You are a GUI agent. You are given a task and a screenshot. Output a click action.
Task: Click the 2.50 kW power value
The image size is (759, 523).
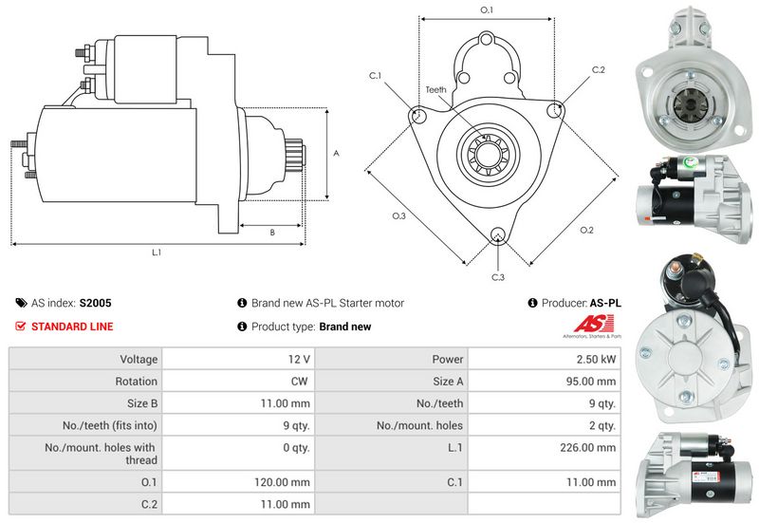click(x=596, y=360)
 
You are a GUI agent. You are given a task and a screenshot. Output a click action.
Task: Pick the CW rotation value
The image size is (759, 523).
click(x=299, y=381)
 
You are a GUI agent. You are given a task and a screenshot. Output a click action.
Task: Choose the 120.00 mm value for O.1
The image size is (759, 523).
click(x=283, y=482)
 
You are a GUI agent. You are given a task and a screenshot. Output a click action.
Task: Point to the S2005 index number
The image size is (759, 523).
click(x=95, y=304)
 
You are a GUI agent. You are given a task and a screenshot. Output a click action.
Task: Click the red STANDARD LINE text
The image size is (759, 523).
click(x=72, y=327)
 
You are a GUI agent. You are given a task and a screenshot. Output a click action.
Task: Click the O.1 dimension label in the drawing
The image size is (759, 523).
click(x=487, y=9)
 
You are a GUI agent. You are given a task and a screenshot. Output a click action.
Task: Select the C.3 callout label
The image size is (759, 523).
click(x=498, y=277)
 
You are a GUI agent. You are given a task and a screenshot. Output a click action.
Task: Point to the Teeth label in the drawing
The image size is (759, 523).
click(x=435, y=89)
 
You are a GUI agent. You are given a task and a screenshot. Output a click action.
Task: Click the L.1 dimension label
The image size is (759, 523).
click(x=157, y=252)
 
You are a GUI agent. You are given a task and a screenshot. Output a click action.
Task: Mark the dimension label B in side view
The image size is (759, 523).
click(x=272, y=232)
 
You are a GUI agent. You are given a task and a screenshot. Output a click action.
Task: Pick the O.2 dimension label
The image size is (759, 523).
click(x=586, y=231)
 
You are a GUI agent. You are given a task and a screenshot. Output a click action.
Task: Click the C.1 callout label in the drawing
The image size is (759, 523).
click(x=375, y=75)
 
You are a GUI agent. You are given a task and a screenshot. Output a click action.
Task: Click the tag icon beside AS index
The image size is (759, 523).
click(x=21, y=304)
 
